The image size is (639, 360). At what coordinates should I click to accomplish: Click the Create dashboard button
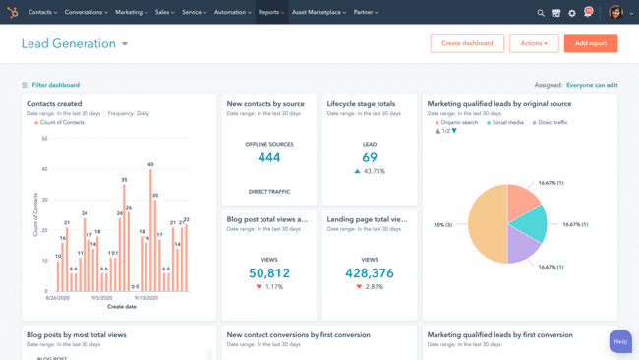467,43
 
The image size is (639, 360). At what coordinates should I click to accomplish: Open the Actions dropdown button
534,43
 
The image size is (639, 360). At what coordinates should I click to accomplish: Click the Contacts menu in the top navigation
42,13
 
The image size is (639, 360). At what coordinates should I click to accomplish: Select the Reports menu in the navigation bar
270,13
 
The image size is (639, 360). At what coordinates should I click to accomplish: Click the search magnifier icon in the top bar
541,13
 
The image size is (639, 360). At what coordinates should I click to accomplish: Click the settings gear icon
572,13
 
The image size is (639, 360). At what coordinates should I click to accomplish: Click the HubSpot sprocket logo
13,13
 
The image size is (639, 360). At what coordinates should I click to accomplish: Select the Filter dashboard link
55,85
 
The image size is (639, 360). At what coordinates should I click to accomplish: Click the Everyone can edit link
592,85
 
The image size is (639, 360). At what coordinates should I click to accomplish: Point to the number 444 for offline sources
269,157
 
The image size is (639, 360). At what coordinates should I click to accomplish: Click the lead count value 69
370,157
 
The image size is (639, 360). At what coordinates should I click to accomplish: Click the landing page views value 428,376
370,273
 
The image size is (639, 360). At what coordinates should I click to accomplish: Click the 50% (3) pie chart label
442,225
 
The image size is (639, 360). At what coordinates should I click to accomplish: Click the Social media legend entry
507,123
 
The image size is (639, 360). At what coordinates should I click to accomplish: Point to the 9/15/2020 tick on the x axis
145,297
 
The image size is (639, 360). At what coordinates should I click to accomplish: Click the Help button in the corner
620,341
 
